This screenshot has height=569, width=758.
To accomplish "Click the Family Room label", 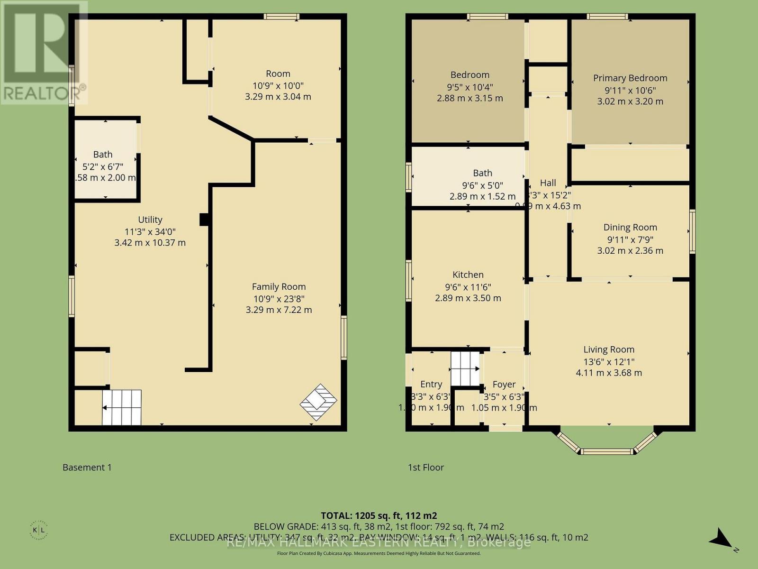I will (279, 286).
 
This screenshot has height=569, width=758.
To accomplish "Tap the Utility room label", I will (150, 220).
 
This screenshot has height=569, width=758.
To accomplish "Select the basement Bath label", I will (103, 154).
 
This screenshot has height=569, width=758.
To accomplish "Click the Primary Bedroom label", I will (630, 78).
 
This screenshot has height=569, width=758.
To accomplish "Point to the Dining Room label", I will (630, 227).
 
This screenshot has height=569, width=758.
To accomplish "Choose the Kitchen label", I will (468, 275).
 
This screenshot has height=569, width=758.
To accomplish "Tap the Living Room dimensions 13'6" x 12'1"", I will (609, 361).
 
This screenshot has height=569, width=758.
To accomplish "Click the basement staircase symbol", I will (122, 408).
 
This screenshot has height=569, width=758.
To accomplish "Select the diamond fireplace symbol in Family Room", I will (318, 402).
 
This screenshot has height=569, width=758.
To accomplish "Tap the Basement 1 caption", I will (87, 468).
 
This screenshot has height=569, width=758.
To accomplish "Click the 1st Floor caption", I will (426, 468).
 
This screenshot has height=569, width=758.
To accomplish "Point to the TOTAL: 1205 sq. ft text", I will (379, 515).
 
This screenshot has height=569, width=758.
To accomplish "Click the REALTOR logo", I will (44, 52).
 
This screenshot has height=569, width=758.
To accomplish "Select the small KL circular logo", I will (42, 530).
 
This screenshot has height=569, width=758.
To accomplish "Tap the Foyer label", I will (504, 385).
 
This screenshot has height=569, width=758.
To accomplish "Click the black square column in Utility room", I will (204, 220).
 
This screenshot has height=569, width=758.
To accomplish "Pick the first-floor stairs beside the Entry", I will (465, 368).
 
